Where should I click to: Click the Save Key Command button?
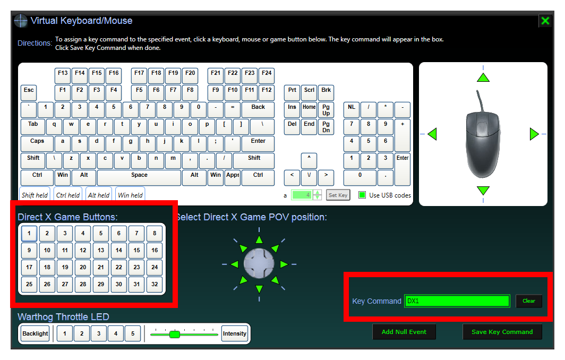502,332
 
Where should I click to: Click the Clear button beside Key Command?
528,301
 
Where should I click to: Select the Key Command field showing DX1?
457,301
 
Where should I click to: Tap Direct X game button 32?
155,284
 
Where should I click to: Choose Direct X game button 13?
101,250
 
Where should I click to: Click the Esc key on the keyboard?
29,92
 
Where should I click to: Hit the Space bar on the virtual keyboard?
139,177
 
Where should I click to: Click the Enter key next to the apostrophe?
258,143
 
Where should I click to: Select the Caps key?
37,143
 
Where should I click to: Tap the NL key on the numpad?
352,109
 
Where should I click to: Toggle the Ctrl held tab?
68,194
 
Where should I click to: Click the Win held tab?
131,194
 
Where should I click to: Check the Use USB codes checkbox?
362,195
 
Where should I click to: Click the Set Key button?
338,195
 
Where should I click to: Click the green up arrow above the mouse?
483,77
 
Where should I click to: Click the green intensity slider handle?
174,334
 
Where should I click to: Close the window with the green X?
545,21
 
